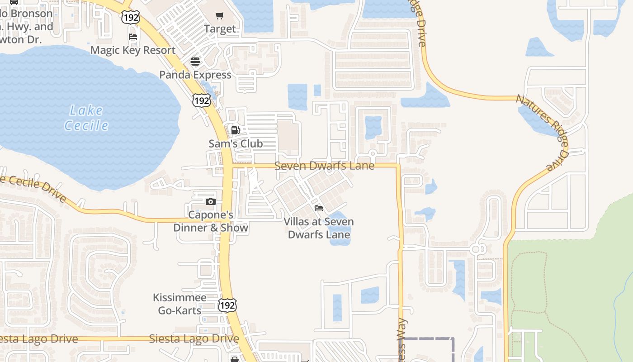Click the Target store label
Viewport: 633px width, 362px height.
[x=220, y=29]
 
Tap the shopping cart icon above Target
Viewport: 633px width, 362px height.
[x=220, y=16]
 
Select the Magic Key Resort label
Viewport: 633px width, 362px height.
[x=133, y=50]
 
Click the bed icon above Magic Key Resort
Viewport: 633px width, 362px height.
[x=133, y=37]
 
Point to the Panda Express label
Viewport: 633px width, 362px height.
[x=195, y=75]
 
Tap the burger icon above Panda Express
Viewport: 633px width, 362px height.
[x=195, y=62]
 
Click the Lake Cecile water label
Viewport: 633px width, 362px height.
[x=86, y=118]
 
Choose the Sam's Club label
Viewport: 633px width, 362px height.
[x=236, y=143]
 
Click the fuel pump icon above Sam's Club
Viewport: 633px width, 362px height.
[x=236, y=130]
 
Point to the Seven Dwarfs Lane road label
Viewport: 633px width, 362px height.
[x=324, y=166]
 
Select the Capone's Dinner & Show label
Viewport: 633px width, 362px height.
[x=211, y=221]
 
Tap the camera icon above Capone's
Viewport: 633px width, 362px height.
[x=211, y=202]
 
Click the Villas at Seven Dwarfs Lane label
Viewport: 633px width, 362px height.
[x=319, y=228]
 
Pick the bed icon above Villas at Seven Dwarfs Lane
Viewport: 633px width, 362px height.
[x=319, y=208]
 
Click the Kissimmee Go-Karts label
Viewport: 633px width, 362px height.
[x=180, y=304]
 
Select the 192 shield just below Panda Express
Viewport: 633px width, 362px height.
[x=201, y=100]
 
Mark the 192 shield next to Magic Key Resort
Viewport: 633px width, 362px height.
[x=130, y=17]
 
